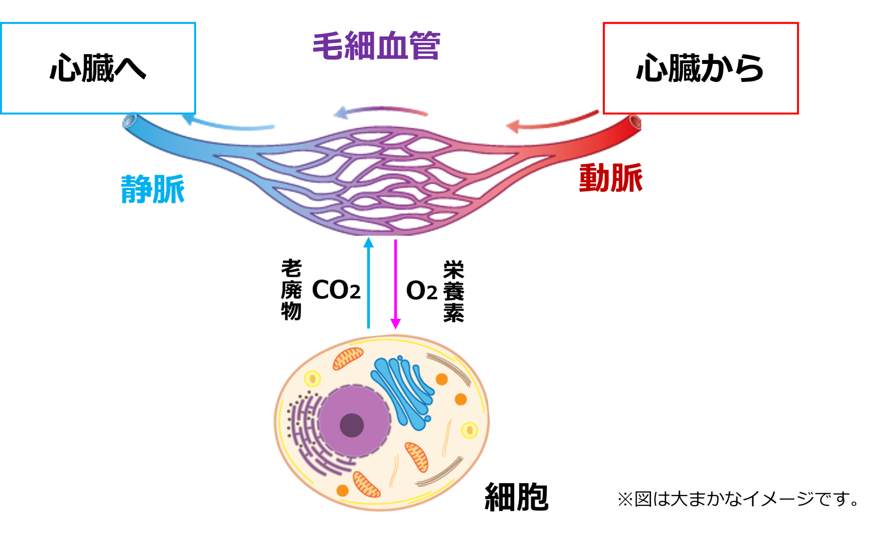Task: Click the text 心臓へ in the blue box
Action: click(x=98, y=68)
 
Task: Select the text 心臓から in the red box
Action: click(x=700, y=68)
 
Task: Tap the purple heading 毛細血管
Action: click(x=376, y=45)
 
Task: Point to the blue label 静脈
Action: click(x=153, y=189)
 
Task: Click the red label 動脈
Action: click(x=611, y=178)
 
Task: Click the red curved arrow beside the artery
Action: click(x=552, y=123)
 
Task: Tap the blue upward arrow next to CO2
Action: click(x=368, y=282)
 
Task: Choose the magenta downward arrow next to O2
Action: click(x=395, y=284)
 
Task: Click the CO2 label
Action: click(x=336, y=290)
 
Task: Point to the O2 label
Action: click(x=421, y=291)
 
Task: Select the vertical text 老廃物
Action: click(x=291, y=290)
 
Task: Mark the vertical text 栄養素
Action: click(x=454, y=291)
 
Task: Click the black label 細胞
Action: click(x=516, y=497)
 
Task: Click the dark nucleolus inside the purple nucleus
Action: click(x=352, y=425)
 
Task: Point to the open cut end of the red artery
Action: click(x=635, y=123)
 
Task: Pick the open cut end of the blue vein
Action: click(x=129, y=121)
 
